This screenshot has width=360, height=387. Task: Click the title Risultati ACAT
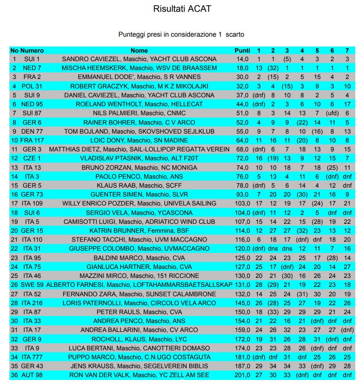click(x=179, y=9)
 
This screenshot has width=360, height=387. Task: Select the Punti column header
click(x=242, y=50)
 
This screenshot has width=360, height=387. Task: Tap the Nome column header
click(x=139, y=50)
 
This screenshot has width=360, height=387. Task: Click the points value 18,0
click(x=242, y=68)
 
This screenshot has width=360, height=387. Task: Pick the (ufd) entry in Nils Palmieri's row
click(x=332, y=113)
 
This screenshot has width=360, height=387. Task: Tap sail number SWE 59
click(x=32, y=284)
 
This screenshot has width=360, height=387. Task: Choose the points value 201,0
click(x=242, y=375)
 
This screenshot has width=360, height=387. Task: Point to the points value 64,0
click(x=242, y=140)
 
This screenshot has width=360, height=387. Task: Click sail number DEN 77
click(x=32, y=131)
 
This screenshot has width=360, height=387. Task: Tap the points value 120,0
click(x=242, y=248)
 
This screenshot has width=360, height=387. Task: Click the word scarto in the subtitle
click(x=235, y=34)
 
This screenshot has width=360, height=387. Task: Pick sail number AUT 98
click(x=32, y=375)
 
